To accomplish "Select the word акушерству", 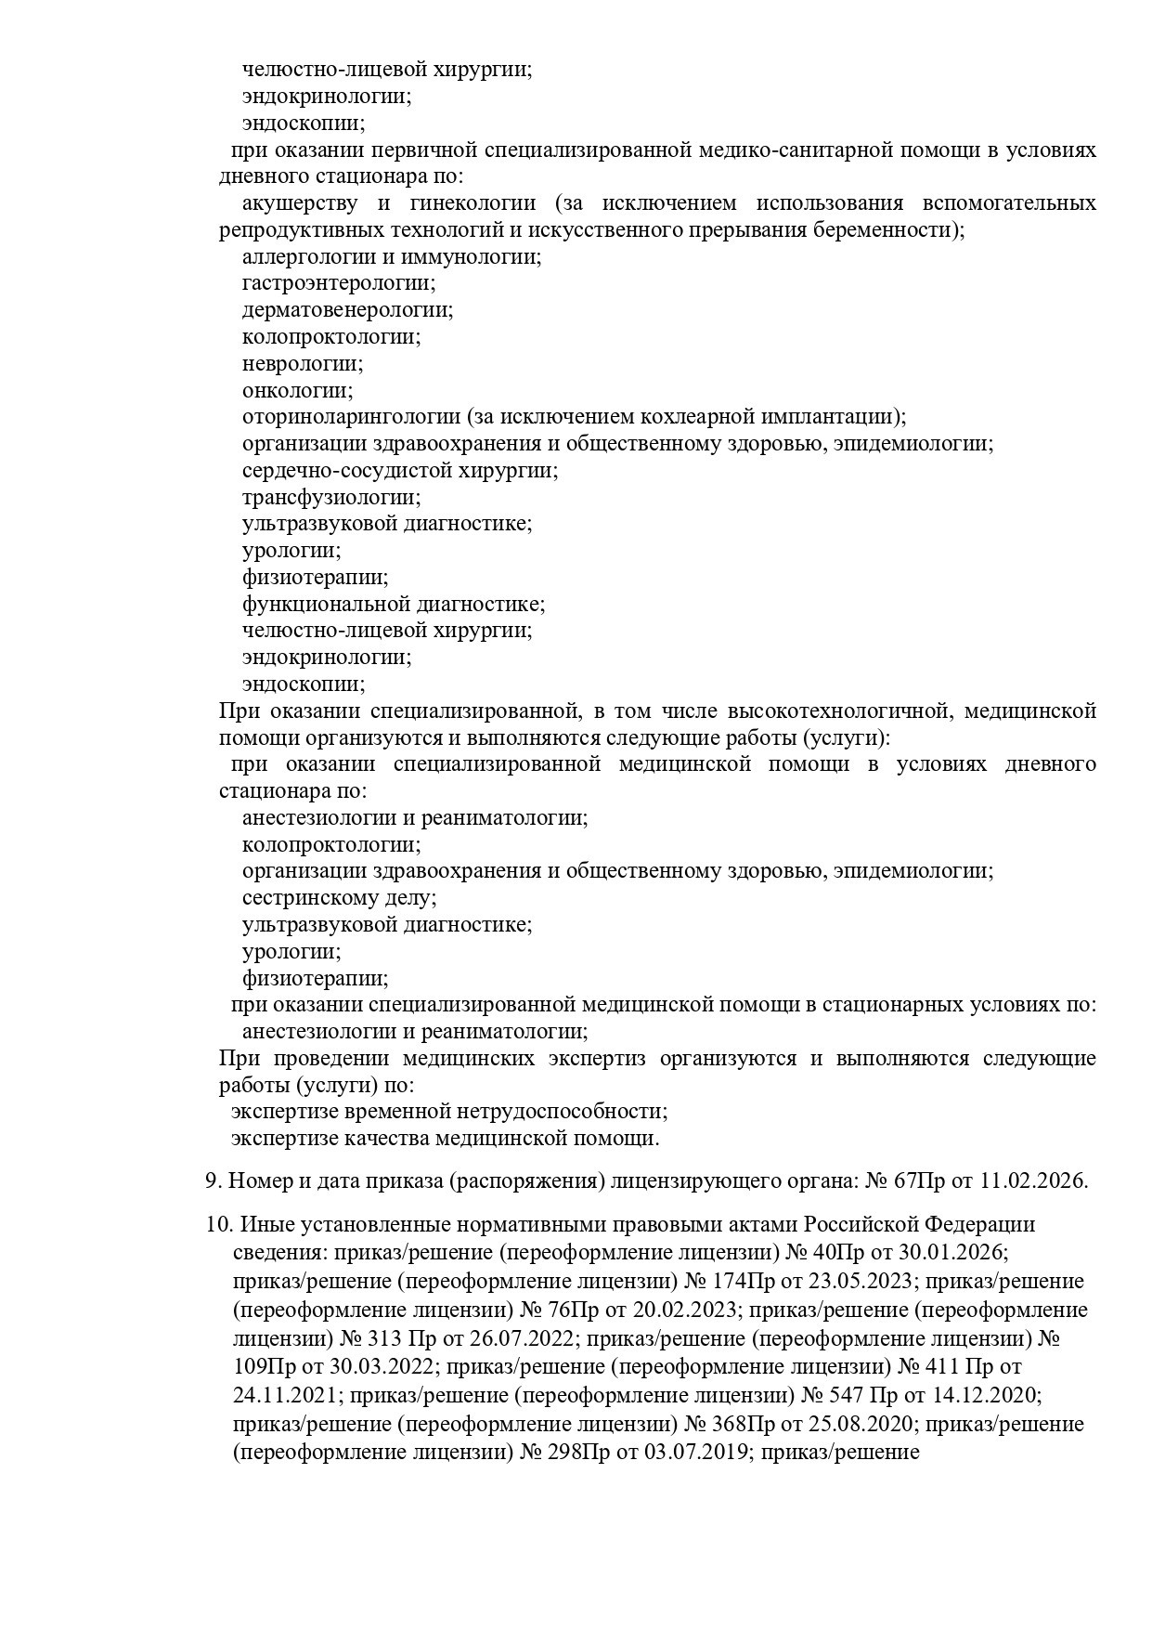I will tap(298, 203).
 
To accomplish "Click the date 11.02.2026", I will tap(1032, 1181).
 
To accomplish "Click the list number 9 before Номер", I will tap(212, 1181).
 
